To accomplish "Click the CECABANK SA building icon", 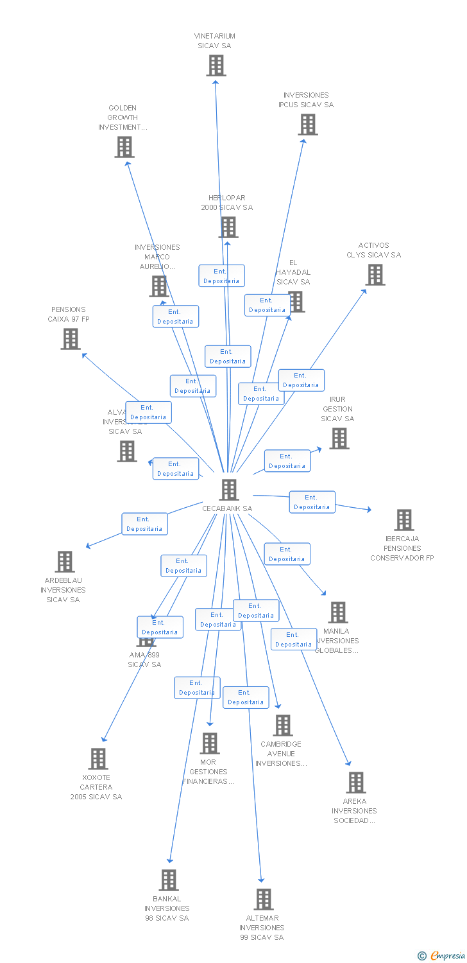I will coord(228,490).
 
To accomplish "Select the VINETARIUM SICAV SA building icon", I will coord(216,65).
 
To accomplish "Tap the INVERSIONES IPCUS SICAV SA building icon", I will coord(308,125).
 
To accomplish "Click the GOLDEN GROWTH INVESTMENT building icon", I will coord(124,147).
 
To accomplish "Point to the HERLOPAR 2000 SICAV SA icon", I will coord(228,227).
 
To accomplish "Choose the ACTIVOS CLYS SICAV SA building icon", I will coord(375,275).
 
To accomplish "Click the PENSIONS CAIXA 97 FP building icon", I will coord(71,339).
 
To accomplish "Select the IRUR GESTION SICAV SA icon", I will coord(339,438).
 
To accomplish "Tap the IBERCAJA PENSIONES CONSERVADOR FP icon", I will coord(404,520).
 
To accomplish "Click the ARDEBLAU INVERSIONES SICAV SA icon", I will coord(65,562).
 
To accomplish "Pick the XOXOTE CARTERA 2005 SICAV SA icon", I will coord(98,759).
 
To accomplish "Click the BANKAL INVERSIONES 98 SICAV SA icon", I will coord(169,880).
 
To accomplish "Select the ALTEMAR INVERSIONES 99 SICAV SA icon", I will coord(264,899).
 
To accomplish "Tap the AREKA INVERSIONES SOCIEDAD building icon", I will coord(356,783).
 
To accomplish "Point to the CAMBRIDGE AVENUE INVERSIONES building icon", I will coord(283,725).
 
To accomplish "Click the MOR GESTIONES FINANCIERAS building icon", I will coord(210,743).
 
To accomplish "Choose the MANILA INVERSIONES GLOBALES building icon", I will coord(338,612).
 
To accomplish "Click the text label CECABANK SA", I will coord(227,508).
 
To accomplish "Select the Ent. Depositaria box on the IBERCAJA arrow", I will coord(312,502).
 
